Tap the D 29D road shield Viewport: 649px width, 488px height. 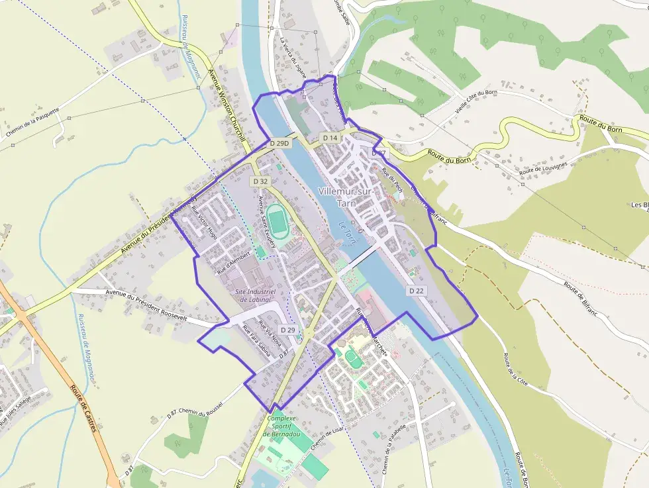point(280,143)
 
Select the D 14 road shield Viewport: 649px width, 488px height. point(330,138)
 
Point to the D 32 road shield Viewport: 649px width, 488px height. point(260,181)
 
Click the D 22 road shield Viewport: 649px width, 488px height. point(416,291)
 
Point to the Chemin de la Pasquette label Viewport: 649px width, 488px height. point(33,122)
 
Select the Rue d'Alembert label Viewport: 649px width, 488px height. point(232,262)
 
